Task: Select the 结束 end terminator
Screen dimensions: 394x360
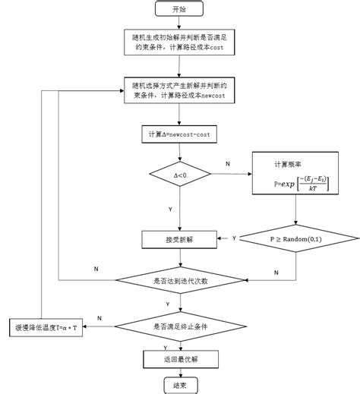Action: click(179, 386)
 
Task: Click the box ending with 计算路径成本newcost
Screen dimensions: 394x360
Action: click(179, 91)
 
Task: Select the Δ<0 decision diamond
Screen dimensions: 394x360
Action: click(179, 175)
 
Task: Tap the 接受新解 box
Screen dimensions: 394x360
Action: click(179, 238)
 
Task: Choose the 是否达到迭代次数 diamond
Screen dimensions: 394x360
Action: click(179, 280)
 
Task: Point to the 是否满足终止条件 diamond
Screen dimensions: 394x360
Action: click(179, 326)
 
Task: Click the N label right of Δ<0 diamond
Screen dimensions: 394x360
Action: click(228, 163)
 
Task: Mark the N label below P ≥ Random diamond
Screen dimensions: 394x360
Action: click(275, 271)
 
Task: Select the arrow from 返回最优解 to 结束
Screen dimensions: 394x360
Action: click(179, 371)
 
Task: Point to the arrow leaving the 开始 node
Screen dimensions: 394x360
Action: click(179, 23)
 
